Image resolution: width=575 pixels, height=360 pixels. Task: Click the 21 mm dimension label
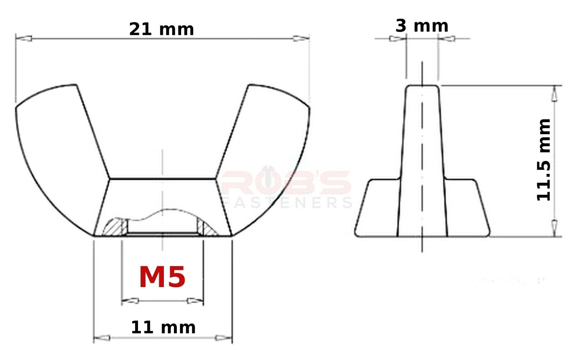point(161,29)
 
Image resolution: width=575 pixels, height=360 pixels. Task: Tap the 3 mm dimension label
point(422,26)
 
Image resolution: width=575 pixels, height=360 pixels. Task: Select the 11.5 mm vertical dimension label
point(544,160)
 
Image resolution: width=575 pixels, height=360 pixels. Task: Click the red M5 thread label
point(162,277)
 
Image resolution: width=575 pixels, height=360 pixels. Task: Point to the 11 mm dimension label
point(163,327)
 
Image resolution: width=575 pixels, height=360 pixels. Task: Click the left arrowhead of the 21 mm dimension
point(24,38)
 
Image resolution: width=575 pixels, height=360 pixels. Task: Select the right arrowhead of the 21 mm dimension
point(301,38)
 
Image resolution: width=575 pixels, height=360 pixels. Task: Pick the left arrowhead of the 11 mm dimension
point(102,338)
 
